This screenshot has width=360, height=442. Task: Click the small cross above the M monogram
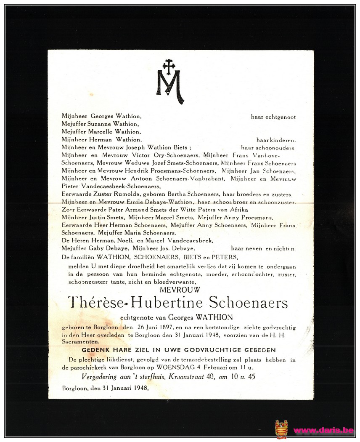click(x=169, y=66)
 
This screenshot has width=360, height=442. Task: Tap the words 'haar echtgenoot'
click(x=273, y=117)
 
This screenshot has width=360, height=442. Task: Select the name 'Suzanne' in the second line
click(x=99, y=124)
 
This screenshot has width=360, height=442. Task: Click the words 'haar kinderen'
click(x=276, y=140)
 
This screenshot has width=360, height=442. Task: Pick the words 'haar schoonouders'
click(x=267, y=148)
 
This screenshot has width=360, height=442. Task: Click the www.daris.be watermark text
click(x=323, y=430)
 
